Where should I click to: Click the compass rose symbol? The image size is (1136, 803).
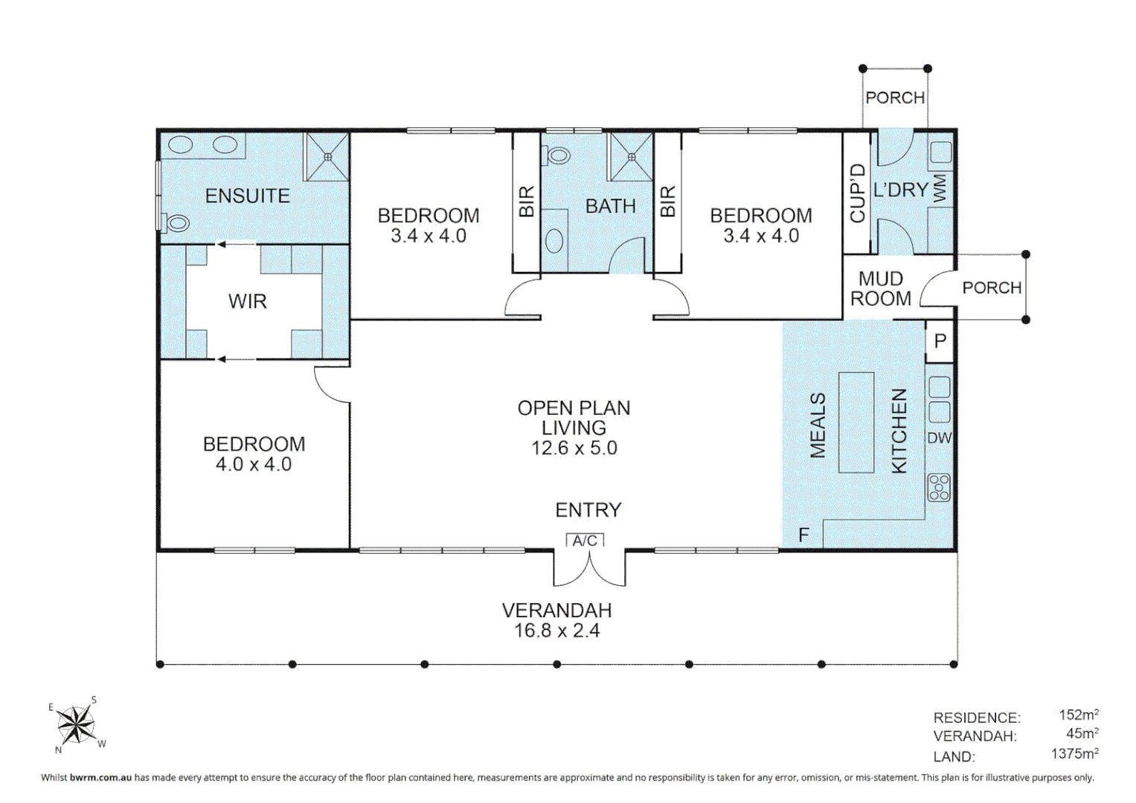tap(76, 724)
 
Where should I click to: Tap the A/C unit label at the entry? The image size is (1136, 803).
tap(585, 541)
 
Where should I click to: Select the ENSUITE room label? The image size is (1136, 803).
tap(247, 196)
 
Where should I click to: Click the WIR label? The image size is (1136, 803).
tap(248, 302)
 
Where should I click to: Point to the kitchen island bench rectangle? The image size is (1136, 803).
tap(856, 423)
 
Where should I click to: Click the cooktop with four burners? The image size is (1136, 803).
tap(939, 488)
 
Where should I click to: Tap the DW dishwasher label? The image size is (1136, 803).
tap(940, 438)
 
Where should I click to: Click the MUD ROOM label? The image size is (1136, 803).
tap(881, 288)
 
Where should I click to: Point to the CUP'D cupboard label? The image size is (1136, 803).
tap(857, 193)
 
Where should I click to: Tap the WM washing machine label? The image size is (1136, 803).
tap(940, 189)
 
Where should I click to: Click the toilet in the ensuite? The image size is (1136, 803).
tap(175, 222)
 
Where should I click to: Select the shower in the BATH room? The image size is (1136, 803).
tap(631, 157)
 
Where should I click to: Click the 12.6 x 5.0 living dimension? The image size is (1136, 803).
tap(574, 448)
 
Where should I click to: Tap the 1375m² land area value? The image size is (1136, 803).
tap(1075, 753)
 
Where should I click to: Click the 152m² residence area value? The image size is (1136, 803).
tap(1079, 715)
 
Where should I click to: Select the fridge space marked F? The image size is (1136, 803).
tap(803, 535)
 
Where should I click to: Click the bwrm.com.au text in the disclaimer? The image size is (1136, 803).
tap(101, 777)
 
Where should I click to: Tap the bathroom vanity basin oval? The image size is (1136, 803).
tap(555, 241)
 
